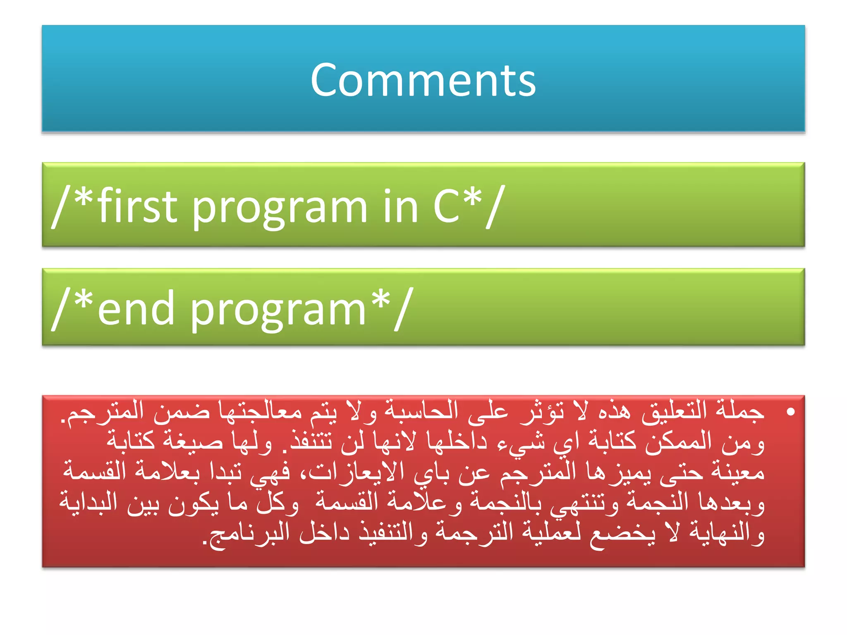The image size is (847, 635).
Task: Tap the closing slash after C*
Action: (x=495, y=206)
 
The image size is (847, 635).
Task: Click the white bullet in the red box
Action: (x=791, y=412)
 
